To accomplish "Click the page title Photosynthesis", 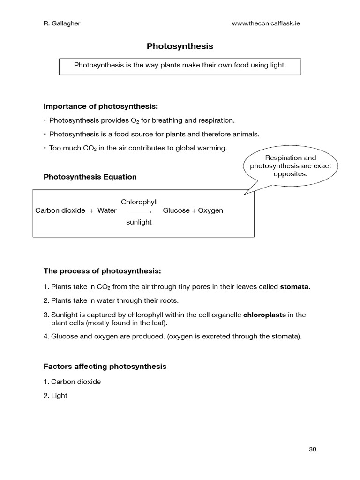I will point(180,46).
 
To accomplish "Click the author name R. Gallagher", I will point(62,24).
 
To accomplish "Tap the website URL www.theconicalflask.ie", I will point(266,24).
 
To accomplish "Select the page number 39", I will point(313,449).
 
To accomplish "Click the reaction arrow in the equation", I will point(140,212).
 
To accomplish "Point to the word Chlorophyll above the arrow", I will point(139,202).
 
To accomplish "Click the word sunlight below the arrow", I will point(139,222).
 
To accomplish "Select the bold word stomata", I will point(295,286).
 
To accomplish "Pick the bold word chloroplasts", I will point(264,315).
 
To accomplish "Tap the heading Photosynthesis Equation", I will point(90,177).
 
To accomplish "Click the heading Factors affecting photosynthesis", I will point(105,366).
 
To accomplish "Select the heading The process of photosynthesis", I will point(102,271).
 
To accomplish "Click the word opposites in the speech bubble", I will point(290,174).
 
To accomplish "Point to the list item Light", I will point(59,396).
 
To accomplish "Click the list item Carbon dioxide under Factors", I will point(76,382).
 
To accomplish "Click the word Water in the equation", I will point(107,210).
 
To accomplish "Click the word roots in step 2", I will point(168,300).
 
